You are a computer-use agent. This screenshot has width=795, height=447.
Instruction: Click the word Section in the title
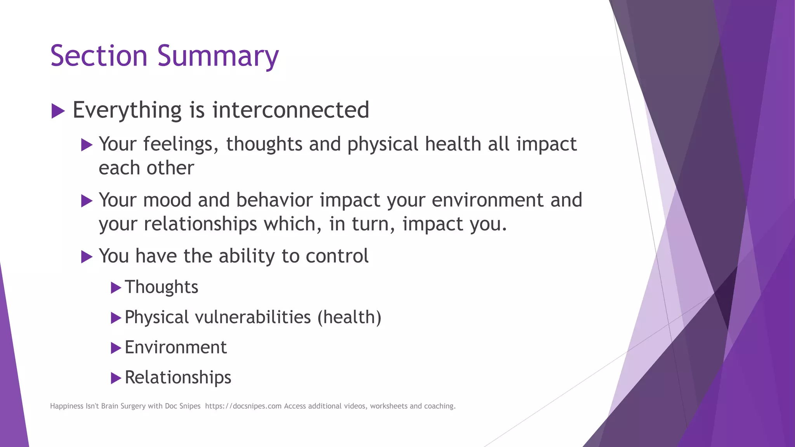click(99, 56)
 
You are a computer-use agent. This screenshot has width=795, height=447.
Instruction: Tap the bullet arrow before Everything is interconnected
click(58, 111)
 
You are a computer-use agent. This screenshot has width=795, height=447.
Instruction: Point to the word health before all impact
click(453, 144)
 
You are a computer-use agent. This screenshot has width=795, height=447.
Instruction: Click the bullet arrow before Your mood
click(87, 201)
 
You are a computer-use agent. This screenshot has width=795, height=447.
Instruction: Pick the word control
click(337, 256)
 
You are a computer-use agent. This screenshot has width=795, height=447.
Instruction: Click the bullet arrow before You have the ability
click(87, 256)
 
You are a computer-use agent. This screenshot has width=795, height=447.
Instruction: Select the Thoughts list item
click(161, 287)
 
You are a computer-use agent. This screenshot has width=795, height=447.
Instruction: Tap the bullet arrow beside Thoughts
click(116, 288)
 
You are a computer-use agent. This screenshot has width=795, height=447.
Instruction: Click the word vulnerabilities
click(253, 317)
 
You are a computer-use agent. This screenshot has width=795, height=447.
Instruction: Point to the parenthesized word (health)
click(349, 317)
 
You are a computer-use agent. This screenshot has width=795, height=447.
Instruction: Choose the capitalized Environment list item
click(175, 347)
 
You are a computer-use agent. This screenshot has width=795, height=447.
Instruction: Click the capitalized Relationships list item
click(178, 378)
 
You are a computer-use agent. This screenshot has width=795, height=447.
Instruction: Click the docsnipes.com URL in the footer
click(243, 406)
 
